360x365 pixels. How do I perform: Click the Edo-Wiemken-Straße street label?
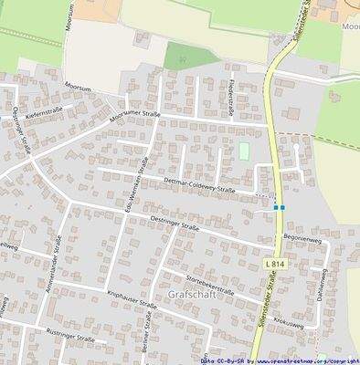click(134, 186)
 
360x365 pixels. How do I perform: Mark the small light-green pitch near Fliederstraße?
click(244, 151)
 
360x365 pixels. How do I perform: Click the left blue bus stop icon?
click(275, 208)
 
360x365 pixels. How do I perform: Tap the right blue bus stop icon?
click(283, 208)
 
